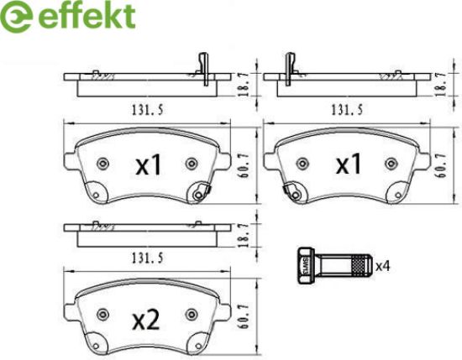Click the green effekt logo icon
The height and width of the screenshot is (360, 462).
pyautogui.click(x=15, y=17)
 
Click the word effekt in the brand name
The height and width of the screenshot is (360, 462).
pyautogui.click(x=87, y=16)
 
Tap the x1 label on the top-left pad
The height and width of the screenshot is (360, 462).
pyautogui.click(x=148, y=165)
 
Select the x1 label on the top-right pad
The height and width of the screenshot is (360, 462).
pyautogui.click(x=349, y=164)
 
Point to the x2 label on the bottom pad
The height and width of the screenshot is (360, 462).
pyautogui.click(x=146, y=321)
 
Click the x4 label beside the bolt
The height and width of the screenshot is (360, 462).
pyautogui.click(x=383, y=266)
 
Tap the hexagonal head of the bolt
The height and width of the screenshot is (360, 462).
pyautogui.click(x=307, y=265)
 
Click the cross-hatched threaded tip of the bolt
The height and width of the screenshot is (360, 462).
pyautogui.click(x=360, y=266)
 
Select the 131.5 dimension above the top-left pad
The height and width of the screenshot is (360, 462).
pyautogui.click(x=147, y=110)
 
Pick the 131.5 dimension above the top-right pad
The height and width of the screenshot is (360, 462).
pyautogui.click(x=347, y=110)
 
